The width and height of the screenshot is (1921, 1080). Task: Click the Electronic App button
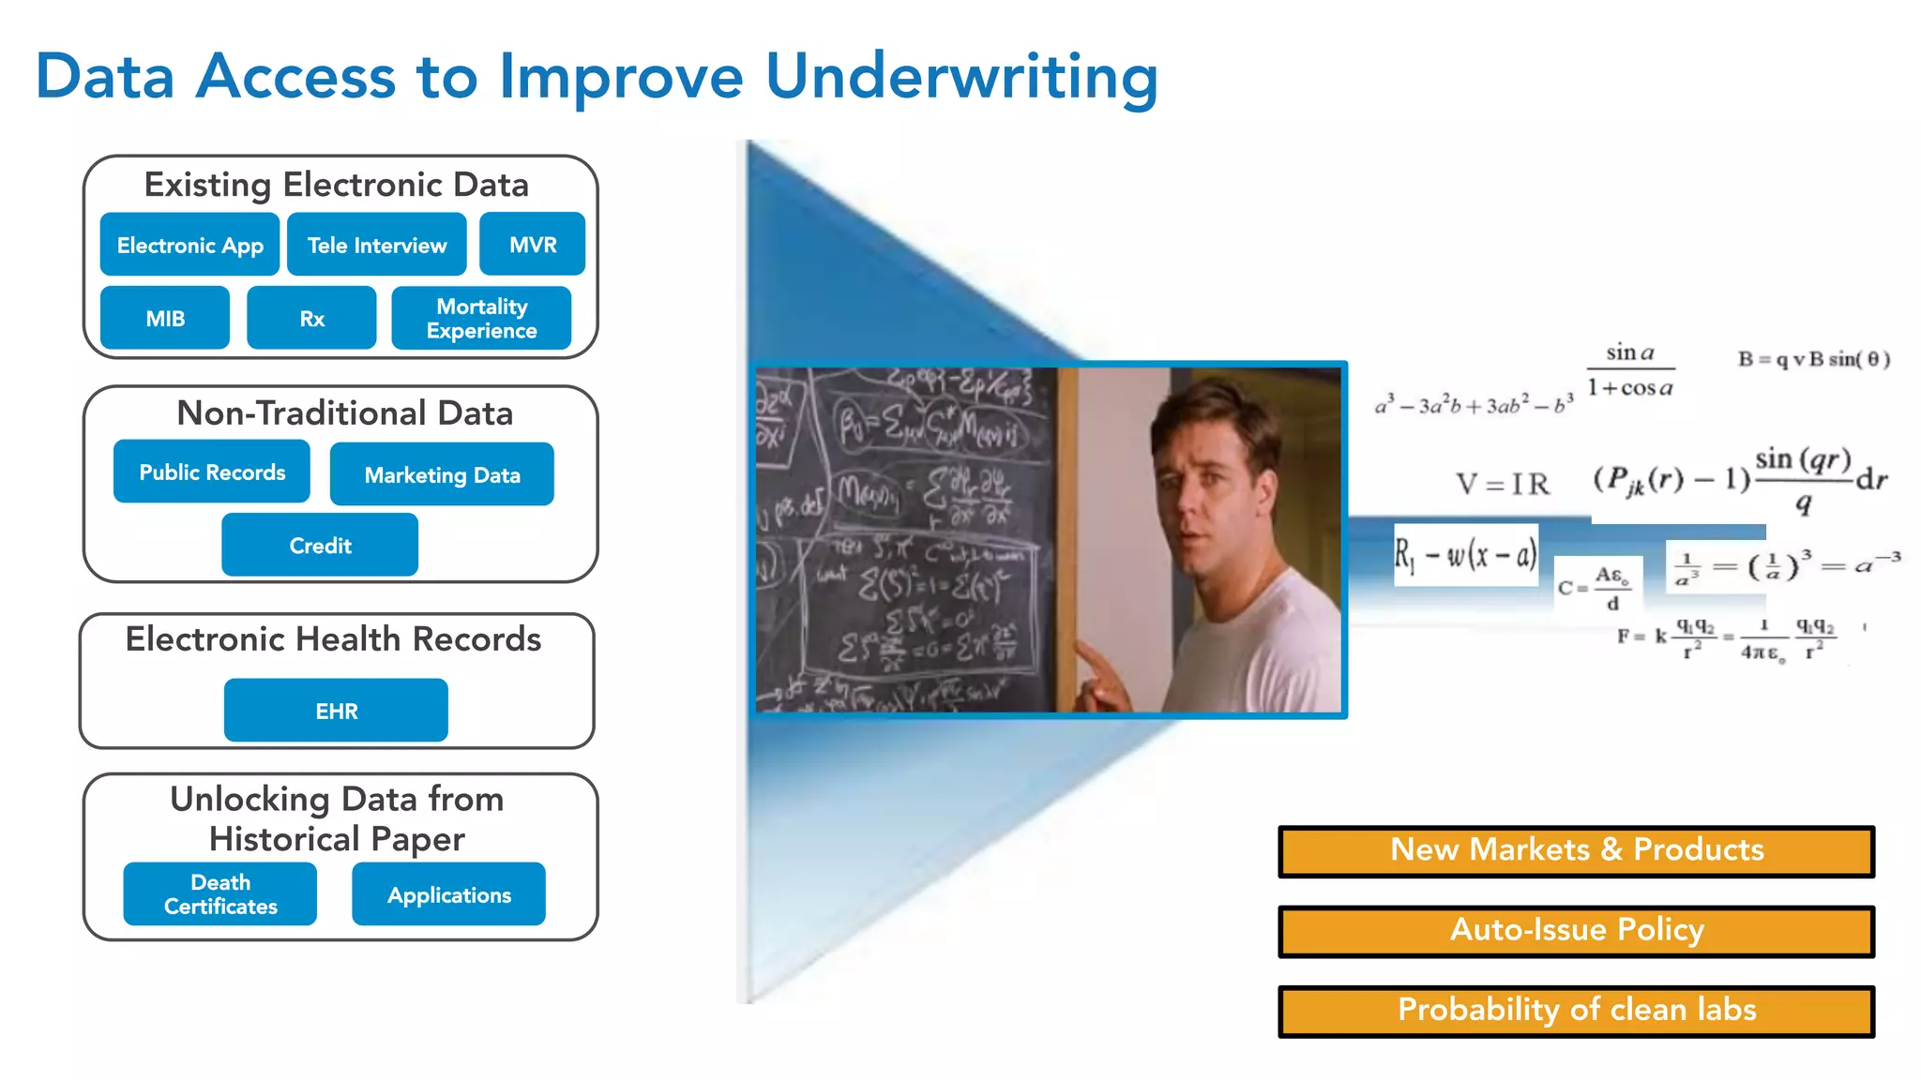tap(189, 245)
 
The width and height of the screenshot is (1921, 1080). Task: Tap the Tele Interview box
tap(377, 245)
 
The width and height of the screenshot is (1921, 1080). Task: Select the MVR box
tap(532, 245)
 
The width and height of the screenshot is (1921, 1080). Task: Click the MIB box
tap(165, 319)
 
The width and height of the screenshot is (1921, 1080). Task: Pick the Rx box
tap(311, 319)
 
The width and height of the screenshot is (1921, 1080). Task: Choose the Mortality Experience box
tap(481, 319)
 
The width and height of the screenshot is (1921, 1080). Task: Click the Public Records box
tap(212, 472)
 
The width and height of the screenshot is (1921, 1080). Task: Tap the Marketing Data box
tap(442, 474)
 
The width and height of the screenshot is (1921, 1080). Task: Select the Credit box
tap(320, 545)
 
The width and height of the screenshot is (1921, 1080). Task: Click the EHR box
tap(336, 711)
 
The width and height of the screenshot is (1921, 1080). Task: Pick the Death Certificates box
tap(220, 894)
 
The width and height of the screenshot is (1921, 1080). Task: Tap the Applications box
tap(448, 894)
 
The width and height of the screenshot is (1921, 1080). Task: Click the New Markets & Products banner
tap(1576, 850)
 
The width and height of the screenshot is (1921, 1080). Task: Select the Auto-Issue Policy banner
tap(1576, 930)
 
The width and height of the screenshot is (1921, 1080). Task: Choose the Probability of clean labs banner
tap(1576, 1010)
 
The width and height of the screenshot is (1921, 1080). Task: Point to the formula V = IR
tap(1502, 484)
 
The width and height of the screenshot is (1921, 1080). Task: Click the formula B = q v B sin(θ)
tap(1813, 359)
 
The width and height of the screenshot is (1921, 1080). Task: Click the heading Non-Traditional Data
tap(344, 413)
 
